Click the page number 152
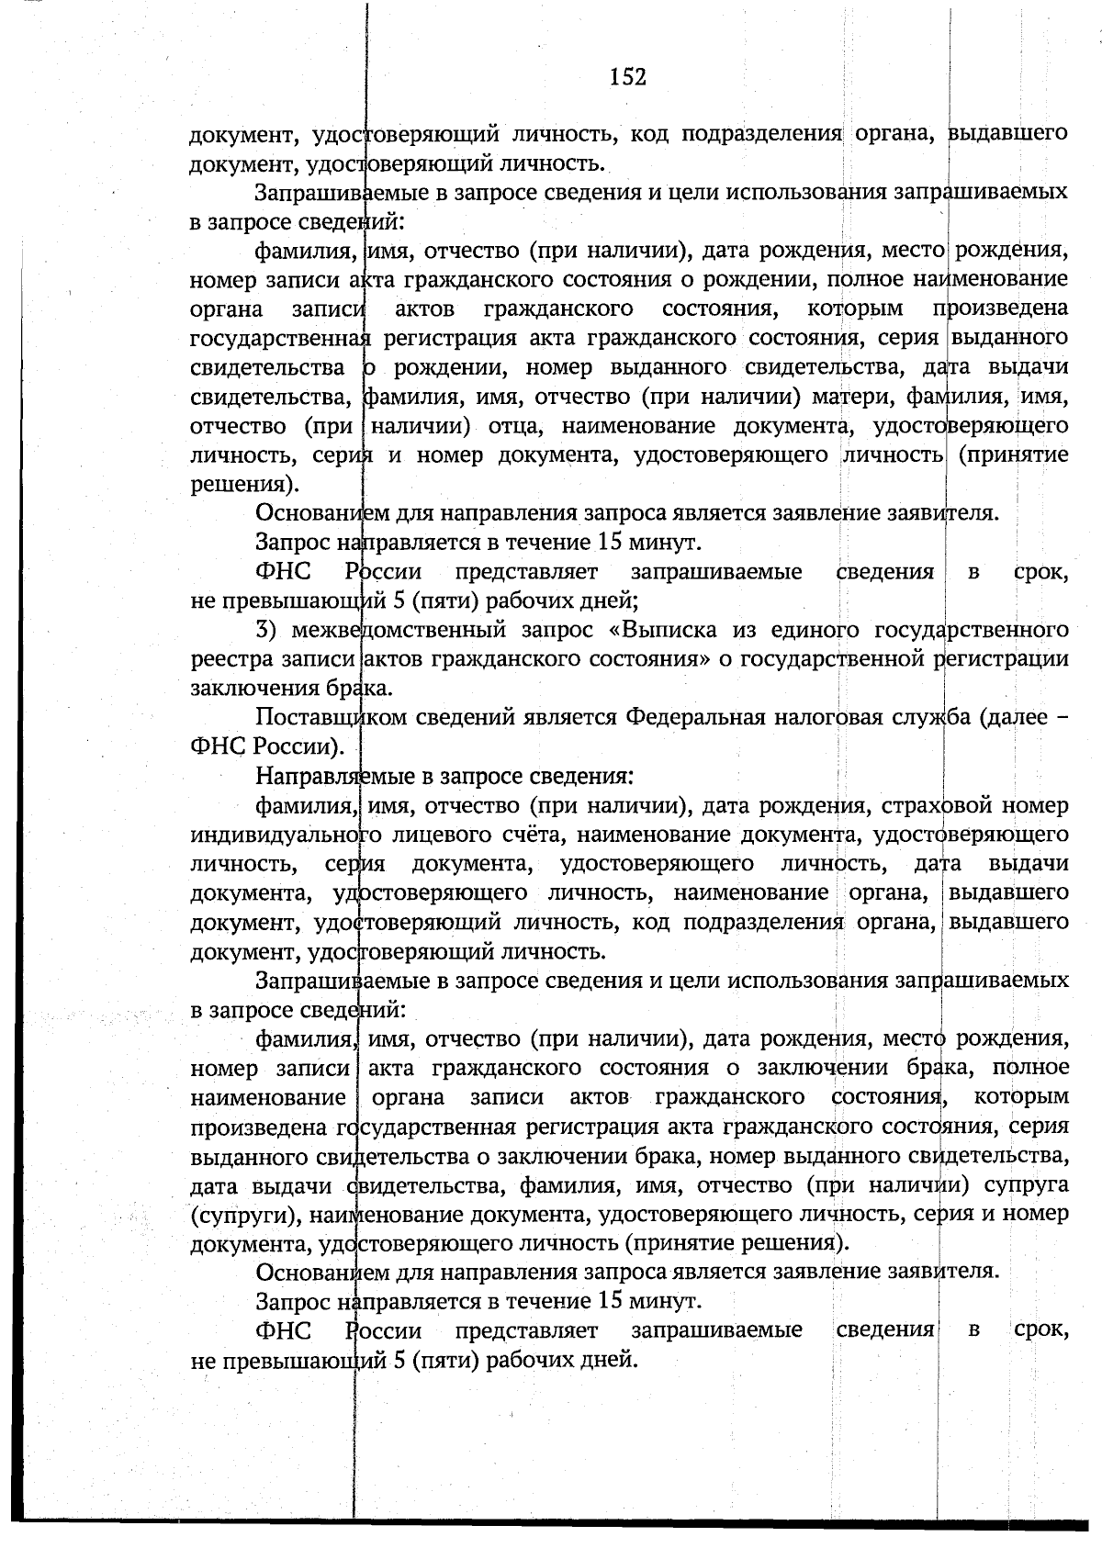[x=629, y=77]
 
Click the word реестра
[x=231, y=660]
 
